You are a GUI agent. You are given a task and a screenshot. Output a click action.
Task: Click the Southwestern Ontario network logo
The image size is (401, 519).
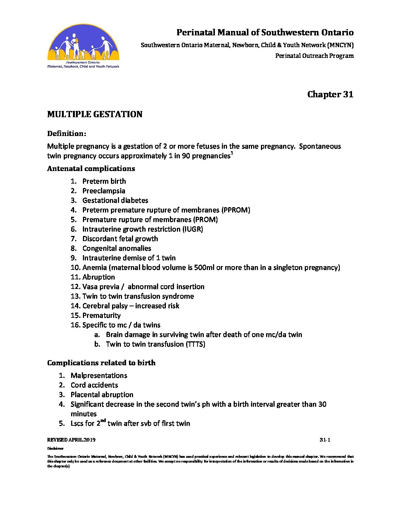(x=83, y=46)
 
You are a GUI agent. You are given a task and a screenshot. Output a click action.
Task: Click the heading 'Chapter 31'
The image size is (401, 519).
(x=330, y=94)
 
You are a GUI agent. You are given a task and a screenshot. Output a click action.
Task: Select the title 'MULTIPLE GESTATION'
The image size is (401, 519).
(x=95, y=114)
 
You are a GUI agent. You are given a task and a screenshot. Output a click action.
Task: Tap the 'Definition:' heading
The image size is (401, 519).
(x=67, y=133)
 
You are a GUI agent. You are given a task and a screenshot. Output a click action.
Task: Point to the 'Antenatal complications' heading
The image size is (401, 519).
(x=91, y=168)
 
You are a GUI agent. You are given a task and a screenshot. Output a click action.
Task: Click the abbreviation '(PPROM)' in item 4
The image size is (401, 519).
(x=236, y=210)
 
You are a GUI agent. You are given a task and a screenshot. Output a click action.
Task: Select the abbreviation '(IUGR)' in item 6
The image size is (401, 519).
(x=193, y=229)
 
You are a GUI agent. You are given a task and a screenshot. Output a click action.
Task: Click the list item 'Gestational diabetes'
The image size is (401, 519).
(x=115, y=201)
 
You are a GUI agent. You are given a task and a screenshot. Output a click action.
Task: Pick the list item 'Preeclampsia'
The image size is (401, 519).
(x=104, y=191)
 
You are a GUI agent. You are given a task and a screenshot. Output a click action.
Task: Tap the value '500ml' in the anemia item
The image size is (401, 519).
(x=204, y=268)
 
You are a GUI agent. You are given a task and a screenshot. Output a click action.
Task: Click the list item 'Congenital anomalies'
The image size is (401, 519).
(x=116, y=248)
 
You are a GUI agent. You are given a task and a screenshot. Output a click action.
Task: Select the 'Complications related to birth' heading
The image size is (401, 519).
(x=101, y=363)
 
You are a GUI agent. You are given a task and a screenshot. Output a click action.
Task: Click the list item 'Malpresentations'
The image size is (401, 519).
(x=99, y=376)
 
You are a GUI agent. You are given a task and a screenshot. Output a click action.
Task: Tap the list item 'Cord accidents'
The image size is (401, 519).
(x=94, y=385)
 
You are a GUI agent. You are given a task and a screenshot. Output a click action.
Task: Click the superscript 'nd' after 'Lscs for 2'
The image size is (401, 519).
(x=103, y=421)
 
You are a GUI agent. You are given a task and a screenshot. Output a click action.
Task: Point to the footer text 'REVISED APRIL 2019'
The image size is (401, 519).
(x=71, y=440)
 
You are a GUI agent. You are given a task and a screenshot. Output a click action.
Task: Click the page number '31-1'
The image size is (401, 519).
(x=325, y=440)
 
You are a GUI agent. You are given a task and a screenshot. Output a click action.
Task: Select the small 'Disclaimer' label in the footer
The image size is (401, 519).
(x=55, y=449)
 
